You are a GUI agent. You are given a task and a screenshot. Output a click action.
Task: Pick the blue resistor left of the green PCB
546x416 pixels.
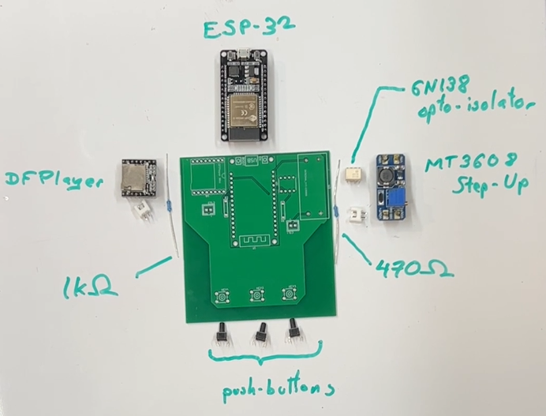171,208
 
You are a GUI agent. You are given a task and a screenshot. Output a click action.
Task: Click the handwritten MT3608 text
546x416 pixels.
467,167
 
